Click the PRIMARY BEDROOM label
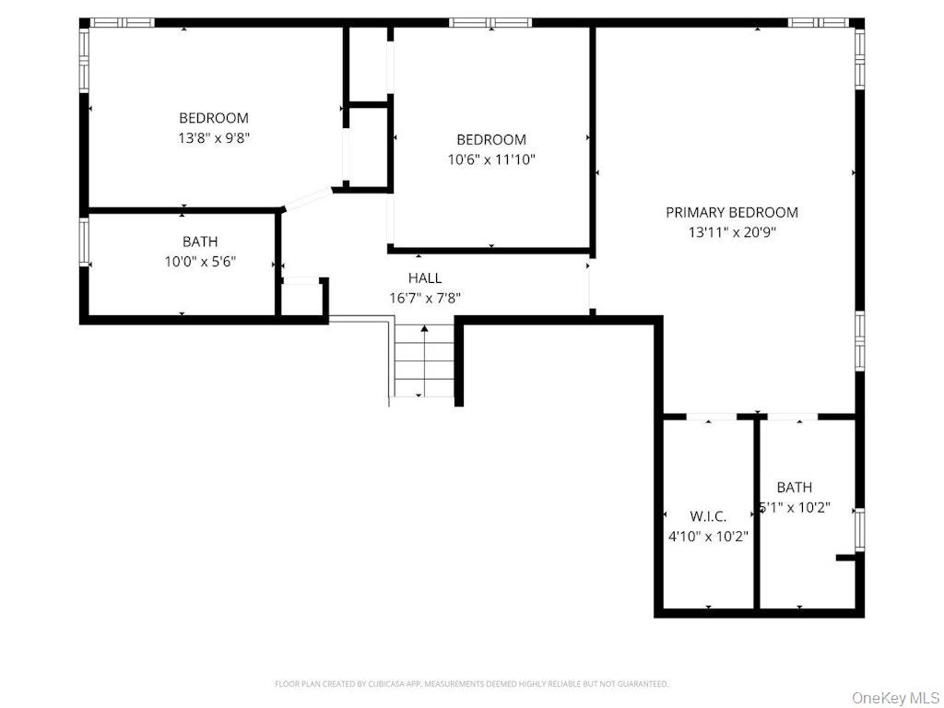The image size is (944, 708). point(731,212)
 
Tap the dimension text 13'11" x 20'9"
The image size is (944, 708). point(731,232)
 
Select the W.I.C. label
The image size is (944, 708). point(708,516)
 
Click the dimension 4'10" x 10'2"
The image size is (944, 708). point(708,536)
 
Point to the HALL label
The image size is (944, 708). point(424,277)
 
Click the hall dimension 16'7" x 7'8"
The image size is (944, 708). point(424,298)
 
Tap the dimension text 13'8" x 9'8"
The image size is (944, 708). point(214,138)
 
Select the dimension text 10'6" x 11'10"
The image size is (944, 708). point(491,159)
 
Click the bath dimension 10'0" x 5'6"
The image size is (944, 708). point(200,262)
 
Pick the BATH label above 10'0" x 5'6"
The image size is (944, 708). point(200,242)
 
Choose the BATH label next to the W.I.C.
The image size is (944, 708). point(794,487)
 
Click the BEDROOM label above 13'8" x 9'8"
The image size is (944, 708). point(214,118)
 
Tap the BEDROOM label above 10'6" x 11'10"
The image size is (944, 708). point(491,139)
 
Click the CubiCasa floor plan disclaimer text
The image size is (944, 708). point(472,684)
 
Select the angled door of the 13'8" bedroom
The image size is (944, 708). point(308,199)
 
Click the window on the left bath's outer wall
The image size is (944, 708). point(84,242)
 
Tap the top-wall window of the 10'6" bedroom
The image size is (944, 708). point(490,22)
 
